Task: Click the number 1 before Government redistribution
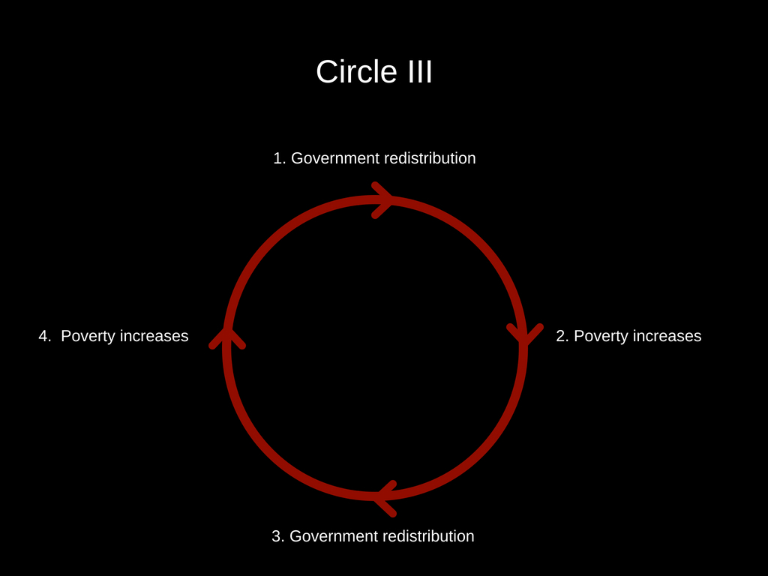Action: pos(278,158)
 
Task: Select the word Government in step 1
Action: pos(335,158)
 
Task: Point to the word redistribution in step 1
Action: pos(430,158)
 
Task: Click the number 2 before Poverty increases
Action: pos(562,336)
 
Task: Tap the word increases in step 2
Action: pos(667,336)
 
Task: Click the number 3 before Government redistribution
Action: pos(277,536)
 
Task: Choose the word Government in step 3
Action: pos(334,536)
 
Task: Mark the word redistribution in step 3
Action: pos(428,536)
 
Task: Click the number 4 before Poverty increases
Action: pos(43,336)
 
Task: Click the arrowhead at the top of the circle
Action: pos(382,199)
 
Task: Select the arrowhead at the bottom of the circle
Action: pos(384,496)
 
